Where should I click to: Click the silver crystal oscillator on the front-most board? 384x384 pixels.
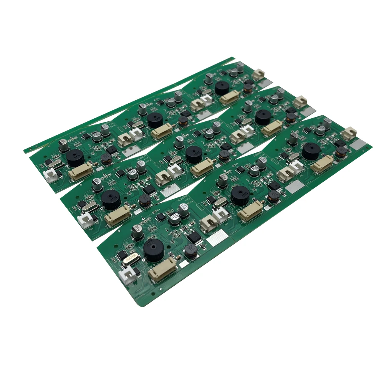tap(130, 259)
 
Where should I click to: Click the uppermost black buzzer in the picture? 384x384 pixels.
tap(222, 88)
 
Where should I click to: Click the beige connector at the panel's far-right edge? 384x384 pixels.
tap(350, 132)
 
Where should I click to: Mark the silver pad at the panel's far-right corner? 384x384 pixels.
tap(360, 144)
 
